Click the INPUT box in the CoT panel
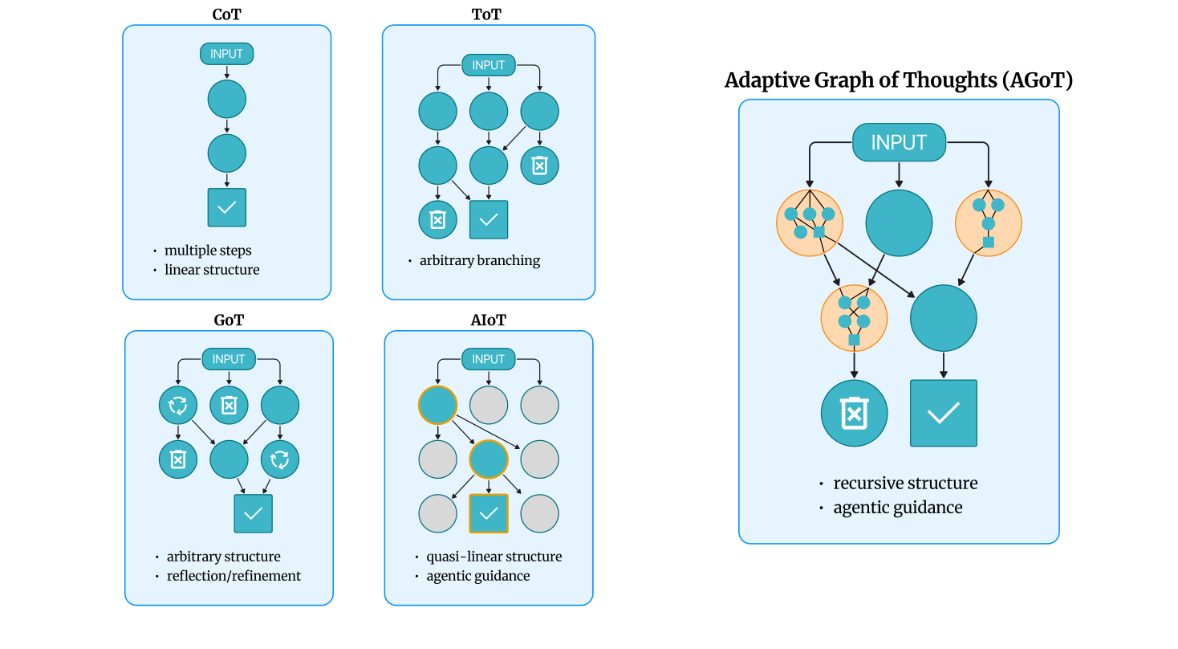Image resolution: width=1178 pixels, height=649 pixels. [227, 54]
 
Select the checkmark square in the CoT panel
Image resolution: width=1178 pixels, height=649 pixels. [227, 207]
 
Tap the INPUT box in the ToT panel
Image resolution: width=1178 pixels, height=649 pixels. [488, 65]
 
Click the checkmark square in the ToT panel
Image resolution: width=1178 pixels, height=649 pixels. [488, 219]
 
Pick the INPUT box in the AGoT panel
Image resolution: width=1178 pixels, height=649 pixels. [899, 142]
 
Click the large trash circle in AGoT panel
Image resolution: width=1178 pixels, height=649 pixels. [854, 414]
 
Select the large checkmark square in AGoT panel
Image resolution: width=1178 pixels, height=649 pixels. [943, 414]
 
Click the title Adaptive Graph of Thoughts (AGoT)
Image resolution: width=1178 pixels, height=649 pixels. [899, 80]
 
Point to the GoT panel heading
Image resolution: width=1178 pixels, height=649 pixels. [229, 320]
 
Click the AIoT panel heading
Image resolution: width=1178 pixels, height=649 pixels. [488, 320]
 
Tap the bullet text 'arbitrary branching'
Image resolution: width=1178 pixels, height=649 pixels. [480, 260]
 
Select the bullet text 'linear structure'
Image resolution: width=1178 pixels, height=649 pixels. [212, 270]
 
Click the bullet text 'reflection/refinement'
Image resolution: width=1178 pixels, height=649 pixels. [234, 576]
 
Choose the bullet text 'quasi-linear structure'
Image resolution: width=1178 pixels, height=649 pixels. [494, 557]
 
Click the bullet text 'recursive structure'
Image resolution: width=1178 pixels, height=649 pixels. [905, 484]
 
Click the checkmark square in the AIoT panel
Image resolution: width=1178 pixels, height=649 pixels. [488, 513]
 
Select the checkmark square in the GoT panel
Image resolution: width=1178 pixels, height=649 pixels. [253, 513]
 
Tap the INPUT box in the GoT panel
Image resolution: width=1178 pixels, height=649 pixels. [229, 359]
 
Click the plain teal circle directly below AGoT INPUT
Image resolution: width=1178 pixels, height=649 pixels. [899, 222]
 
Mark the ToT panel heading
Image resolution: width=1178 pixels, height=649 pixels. [488, 14]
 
